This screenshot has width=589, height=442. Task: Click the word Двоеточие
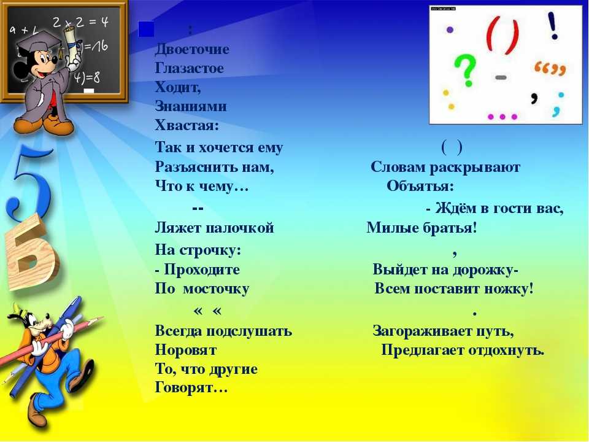pos(192,49)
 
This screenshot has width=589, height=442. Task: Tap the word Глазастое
pos(190,68)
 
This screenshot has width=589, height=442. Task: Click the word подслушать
pos(249,331)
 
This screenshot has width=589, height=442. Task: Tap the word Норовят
pos(186,351)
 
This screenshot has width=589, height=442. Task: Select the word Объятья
pos(420,186)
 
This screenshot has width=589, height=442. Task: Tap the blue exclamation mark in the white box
pos(553,26)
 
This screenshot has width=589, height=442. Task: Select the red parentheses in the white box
pos(502,35)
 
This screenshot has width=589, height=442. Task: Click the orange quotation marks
pos(550,68)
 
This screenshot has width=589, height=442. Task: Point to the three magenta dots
pos(502,117)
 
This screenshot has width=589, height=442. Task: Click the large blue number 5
pos(29,182)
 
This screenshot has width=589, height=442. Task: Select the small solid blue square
pos(146,29)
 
